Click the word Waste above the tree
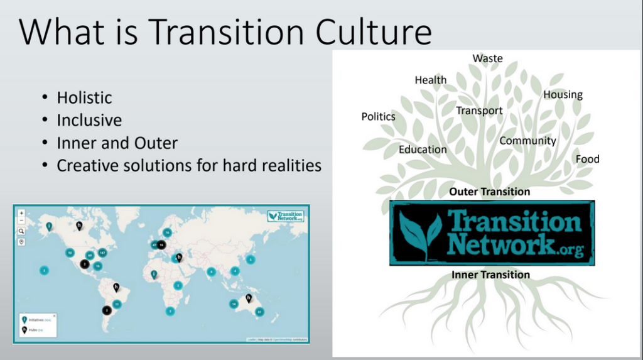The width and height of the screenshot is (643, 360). [487, 58]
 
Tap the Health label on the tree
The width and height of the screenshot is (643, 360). [431, 80]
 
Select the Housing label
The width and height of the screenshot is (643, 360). [563, 95]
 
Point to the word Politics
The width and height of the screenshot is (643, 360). [378, 116]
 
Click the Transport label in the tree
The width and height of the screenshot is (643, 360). [479, 111]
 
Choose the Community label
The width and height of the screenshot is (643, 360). [527, 141]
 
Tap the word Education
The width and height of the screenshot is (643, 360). [423, 150]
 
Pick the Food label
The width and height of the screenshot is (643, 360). [587, 159]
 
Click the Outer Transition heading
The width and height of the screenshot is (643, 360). [489, 192]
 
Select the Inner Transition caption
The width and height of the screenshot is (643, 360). [490, 275]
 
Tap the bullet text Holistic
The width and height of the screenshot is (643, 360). [84, 98]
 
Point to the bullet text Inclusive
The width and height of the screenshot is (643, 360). [89, 120]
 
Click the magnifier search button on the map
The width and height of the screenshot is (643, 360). [21, 231]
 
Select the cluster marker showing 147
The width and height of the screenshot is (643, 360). [102, 253]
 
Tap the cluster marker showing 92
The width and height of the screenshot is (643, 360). [70, 253]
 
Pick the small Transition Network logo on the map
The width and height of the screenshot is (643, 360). [286, 215]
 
